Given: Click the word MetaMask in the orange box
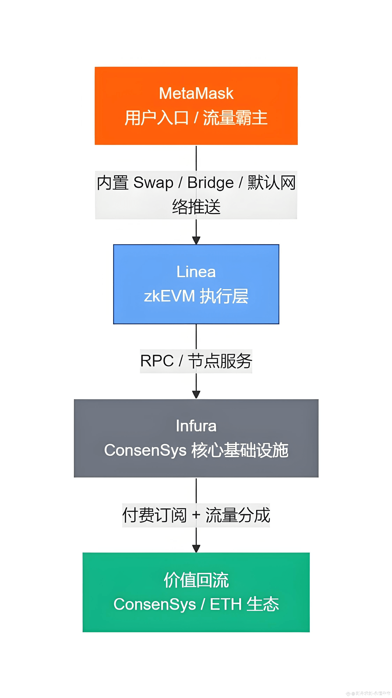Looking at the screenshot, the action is [196, 94].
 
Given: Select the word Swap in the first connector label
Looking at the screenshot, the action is [153, 183].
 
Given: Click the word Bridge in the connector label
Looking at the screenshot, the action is [210, 183].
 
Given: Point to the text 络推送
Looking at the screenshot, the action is [196, 207].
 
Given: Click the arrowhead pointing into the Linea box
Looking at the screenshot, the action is [196, 240].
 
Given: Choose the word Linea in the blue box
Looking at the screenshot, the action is [196, 272].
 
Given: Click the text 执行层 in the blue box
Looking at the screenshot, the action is [224, 296].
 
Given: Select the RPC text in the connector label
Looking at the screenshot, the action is [157, 361].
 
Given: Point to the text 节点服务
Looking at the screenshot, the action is [220, 361].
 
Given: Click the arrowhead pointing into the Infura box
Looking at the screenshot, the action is [196, 394].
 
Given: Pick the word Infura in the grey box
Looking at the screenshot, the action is [196, 426].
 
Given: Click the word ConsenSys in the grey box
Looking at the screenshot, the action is [145, 450].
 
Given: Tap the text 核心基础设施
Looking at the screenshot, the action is [240, 450].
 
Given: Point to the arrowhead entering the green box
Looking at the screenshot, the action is [196, 548].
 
